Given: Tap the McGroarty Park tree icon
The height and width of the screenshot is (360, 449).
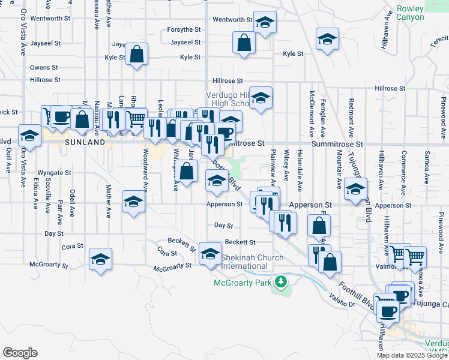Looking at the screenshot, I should [280, 281].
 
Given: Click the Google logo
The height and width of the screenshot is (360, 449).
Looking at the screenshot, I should [20, 353].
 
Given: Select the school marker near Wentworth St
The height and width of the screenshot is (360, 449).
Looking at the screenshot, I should [264, 23].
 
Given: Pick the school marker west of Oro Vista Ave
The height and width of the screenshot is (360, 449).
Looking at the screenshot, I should [29, 136].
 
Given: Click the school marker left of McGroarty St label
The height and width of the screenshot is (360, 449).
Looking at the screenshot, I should [100, 259].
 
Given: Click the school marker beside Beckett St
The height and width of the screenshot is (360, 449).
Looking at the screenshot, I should [210, 253].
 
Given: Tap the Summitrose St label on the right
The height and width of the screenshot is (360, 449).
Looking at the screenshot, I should [337, 145].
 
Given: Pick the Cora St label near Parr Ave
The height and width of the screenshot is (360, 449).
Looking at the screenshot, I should [72, 247].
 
